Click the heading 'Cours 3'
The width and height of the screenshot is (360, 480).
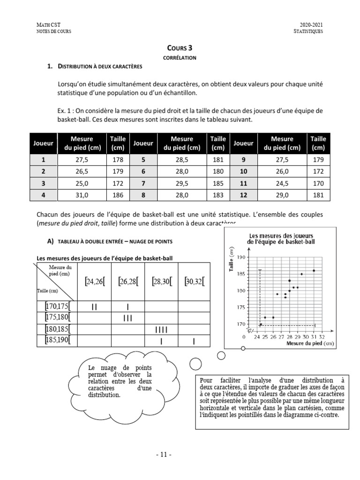click(x=180, y=48)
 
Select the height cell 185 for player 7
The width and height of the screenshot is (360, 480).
click(x=217, y=183)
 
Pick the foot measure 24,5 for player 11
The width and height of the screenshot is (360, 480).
click(x=282, y=183)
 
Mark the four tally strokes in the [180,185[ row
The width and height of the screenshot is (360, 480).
click(x=161, y=330)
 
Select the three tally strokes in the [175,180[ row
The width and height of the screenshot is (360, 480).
click(x=128, y=318)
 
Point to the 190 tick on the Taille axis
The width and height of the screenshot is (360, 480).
click(x=241, y=257)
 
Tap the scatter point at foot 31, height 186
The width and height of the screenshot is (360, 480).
click(x=314, y=270)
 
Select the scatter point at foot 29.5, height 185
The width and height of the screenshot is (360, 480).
click(x=301, y=274)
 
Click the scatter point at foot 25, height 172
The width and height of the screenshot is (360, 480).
click(x=265, y=317)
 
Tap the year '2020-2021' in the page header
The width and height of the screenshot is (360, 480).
click(x=311, y=25)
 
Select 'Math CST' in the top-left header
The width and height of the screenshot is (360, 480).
click(x=48, y=25)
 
